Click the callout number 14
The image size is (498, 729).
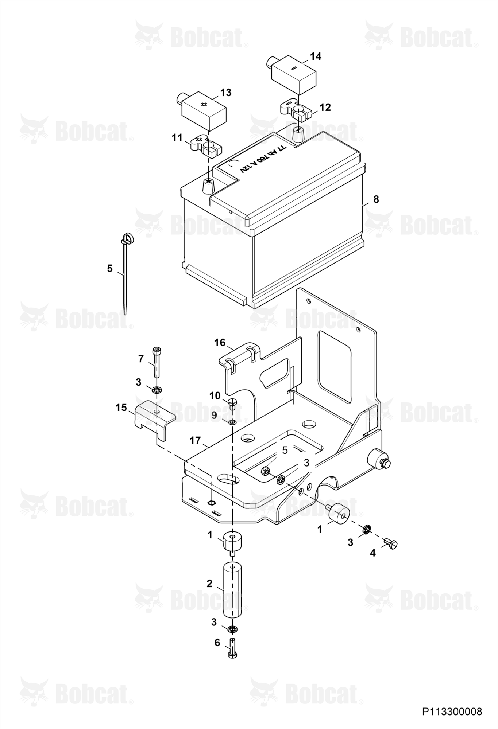click(316, 56)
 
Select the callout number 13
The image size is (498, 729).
click(226, 93)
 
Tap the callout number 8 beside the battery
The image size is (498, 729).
click(376, 199)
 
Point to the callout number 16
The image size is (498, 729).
click(220, 343)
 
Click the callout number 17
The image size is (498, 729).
click(195, 441)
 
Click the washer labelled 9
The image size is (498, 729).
click(232, 422)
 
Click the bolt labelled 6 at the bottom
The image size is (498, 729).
click(232, 650)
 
